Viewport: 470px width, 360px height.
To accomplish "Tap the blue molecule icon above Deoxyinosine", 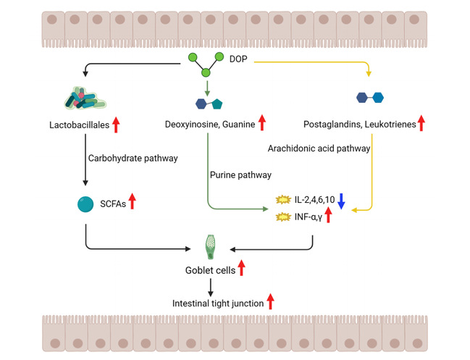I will point(209,103).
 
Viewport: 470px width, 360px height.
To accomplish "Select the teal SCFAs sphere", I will point(85,205).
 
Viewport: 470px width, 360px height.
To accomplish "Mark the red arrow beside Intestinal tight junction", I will point(271,302).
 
